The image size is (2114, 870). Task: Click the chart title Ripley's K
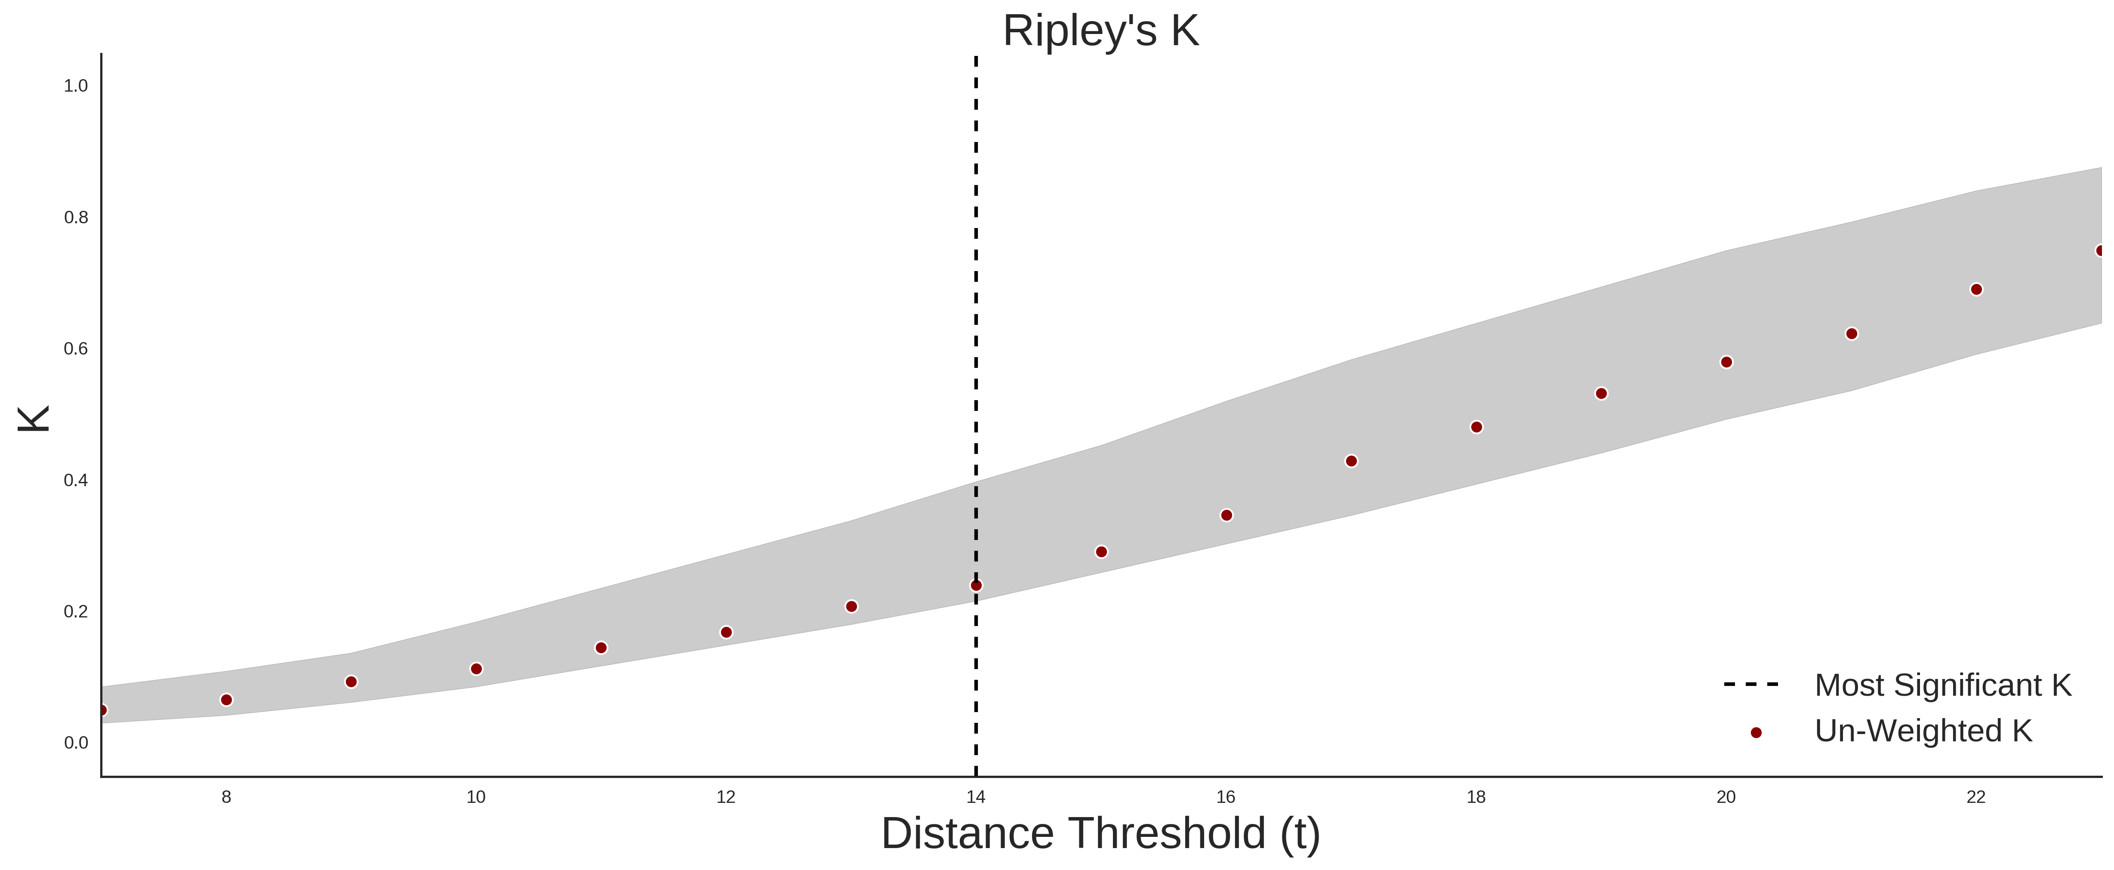pos(1100,31)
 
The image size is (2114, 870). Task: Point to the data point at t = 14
pos(976,585)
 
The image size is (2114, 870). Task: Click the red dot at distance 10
pos(476,669)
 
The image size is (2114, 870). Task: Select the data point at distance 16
pos(1226,515)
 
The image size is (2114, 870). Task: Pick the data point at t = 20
pos(1726,362)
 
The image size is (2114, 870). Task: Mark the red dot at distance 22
pos(1976,290)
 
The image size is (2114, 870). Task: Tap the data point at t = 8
pos(226,700)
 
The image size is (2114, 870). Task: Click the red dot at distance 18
pos(1476,427)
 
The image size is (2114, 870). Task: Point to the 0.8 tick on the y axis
pos(76,218)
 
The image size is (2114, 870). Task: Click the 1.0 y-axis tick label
pos(76,86)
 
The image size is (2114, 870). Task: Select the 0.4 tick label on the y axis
pos(76,480)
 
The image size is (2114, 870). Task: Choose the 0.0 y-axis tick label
pos(76,743)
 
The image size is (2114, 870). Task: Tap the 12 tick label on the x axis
pos(726,797)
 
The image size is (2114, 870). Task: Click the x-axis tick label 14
pos(976,797)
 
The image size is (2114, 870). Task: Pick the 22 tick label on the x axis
pos(1976,797)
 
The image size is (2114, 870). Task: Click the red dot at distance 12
pos(726,632)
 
